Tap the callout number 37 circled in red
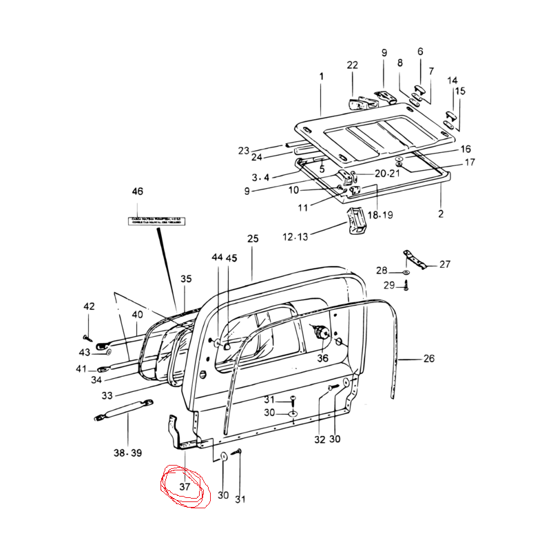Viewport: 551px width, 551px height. coord(184,486)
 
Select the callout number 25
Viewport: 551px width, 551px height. coord(253,239)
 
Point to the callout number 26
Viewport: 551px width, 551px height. coord(429,358)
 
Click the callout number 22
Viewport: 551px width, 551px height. coord(353,65)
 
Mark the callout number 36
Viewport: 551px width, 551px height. coord(323,357)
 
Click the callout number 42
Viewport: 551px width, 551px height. coord(89,306)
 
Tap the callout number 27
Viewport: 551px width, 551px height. coord(444,264)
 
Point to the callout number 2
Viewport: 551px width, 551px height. coord(441,214)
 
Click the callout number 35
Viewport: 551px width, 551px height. coord(186,279)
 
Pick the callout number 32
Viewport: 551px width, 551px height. coord(319,439)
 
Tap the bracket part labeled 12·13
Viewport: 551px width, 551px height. coord(357,220)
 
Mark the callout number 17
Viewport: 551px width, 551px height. coord(470,163)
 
